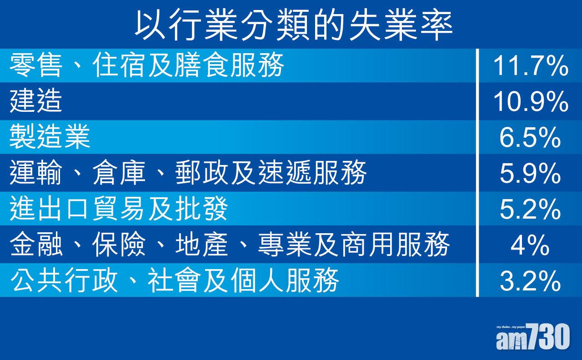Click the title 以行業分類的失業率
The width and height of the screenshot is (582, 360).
point(294,25)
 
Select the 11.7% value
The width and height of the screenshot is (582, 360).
point(531,66)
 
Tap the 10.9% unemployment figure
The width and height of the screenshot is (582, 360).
point(531,101)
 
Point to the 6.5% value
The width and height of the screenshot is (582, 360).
point(530,137)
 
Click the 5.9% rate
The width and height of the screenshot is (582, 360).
point(530,173)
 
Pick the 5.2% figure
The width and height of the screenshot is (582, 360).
point(530,209)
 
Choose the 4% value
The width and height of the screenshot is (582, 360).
point(530,245)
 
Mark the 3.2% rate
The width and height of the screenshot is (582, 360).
point(530,281)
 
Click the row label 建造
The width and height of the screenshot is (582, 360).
point(36,101)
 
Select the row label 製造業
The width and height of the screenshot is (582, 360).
point(50,137)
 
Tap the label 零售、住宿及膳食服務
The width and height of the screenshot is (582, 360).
point(146,65)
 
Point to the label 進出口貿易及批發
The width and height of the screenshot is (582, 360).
point(119,209)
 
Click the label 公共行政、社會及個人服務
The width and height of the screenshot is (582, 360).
point(174,280)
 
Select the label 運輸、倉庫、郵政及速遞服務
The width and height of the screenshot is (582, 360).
point(188,173)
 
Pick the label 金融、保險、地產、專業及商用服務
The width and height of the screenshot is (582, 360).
point(230,245)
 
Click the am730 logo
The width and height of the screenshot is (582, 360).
point(533,337)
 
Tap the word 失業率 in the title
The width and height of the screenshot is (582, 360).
point(401,25)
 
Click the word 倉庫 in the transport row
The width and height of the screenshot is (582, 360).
point(119,173)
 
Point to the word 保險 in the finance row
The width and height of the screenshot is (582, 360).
point(119,245)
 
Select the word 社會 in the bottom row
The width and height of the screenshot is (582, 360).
point(174,280)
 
